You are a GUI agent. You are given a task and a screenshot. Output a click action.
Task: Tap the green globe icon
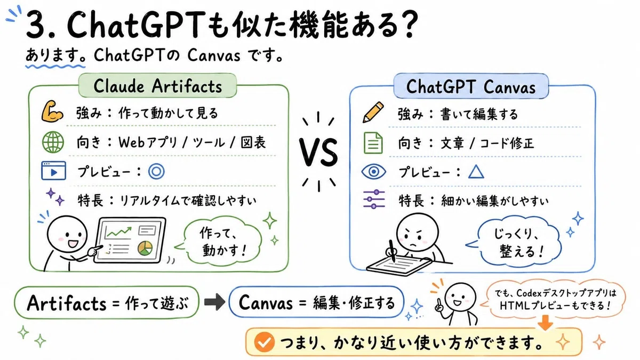[53, 142]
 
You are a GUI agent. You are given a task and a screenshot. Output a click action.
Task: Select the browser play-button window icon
[53, 171]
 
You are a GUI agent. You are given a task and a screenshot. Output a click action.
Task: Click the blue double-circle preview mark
[156, 171]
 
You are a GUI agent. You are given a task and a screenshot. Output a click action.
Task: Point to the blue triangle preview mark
[476, 172]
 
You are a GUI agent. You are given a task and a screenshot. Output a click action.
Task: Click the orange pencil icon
[373, 112]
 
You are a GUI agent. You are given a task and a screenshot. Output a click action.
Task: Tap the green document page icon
[373, 143]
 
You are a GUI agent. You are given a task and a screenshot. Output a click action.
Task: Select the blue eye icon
[373, 172]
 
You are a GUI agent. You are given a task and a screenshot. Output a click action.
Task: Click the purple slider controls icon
[374, 199]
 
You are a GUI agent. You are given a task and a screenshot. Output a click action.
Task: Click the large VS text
[318, 153]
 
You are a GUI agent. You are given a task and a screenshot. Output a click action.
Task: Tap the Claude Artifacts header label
[157, 86]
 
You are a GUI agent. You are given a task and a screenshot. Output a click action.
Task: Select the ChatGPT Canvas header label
[471, 86]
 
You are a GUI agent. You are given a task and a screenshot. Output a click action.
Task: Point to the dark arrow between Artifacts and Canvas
[214, 302]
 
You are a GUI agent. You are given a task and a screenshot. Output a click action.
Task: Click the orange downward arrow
[545, 323]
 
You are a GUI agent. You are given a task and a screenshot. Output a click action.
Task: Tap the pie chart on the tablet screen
[145, 248]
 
